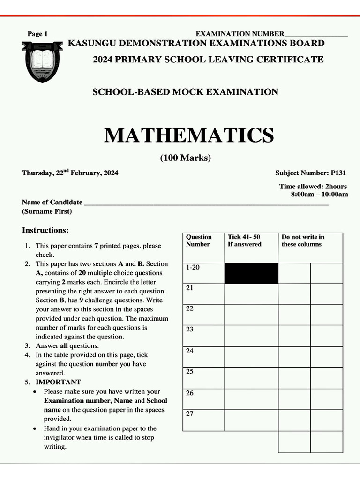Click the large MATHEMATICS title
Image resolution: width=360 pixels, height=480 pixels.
pos(189,135)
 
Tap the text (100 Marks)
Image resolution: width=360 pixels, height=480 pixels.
pos(186,158)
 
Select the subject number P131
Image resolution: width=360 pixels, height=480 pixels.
pos(337,172)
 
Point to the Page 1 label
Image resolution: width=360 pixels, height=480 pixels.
pos(37,34)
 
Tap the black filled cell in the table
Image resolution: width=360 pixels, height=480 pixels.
pos(251,273)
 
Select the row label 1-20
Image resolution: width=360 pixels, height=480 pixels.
pos(193,267)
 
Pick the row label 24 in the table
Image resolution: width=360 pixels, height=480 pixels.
pos(190,351)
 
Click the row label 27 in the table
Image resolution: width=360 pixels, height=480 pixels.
pos(190,413)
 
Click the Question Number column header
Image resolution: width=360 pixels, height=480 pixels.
pos(199,240)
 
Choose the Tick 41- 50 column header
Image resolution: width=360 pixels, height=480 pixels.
pos(244,240)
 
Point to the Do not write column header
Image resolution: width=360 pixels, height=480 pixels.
pos(302,240)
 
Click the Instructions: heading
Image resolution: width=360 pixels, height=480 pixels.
pos(45,230)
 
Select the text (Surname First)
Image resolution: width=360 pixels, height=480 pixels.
pos(47,211)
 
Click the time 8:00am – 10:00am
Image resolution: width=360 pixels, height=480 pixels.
pos(319,194)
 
